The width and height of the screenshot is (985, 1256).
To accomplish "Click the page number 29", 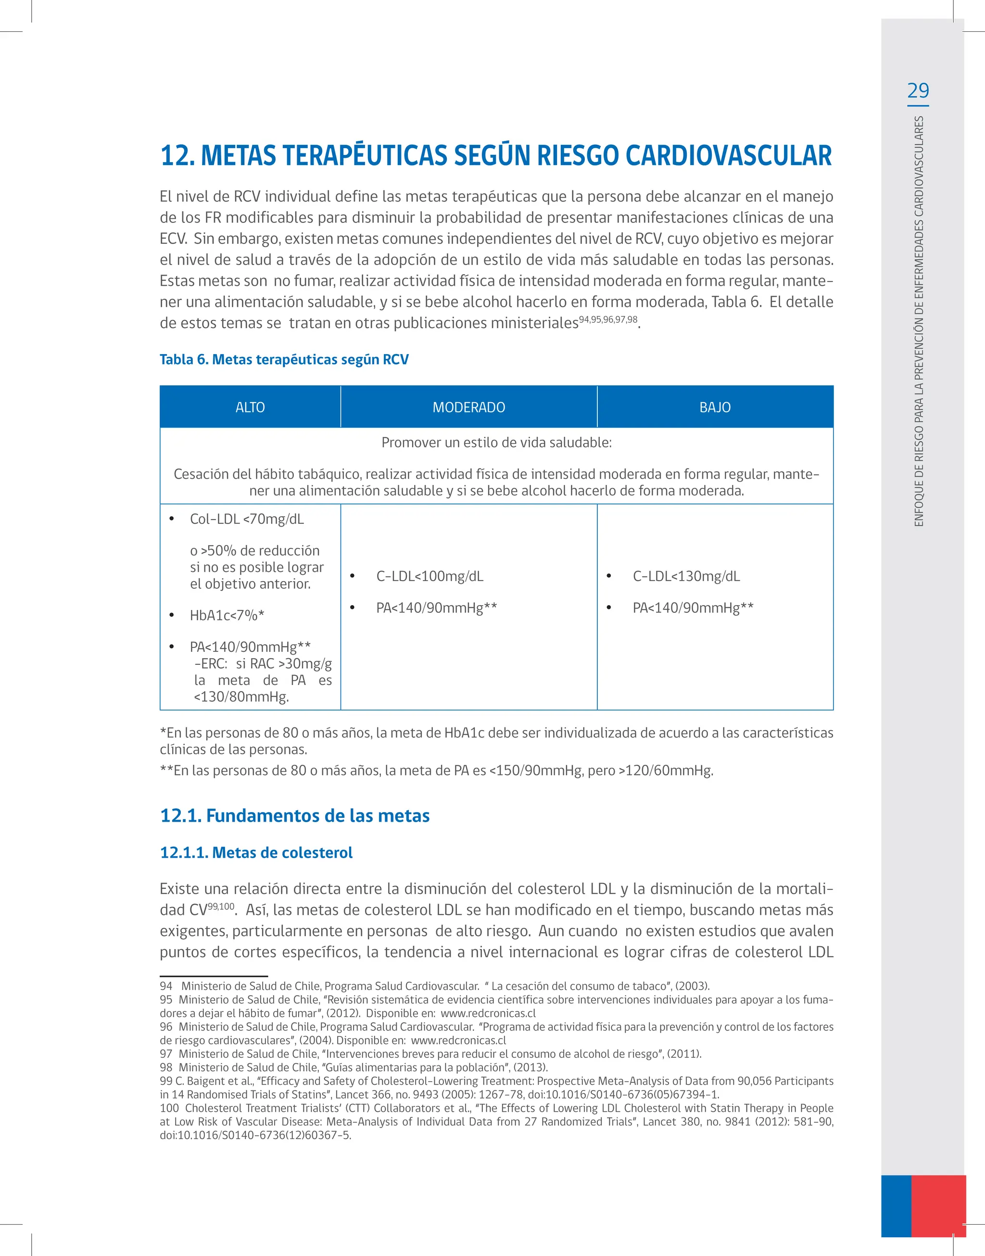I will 918,91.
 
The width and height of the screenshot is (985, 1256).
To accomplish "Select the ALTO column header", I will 250,407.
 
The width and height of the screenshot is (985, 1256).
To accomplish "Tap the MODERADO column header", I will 468,407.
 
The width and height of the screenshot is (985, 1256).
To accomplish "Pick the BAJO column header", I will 715,407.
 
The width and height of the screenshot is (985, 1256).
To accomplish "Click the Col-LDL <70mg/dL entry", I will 246,519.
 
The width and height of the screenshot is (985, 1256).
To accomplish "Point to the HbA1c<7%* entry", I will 227,615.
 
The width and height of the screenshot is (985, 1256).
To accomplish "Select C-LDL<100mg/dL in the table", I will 429,576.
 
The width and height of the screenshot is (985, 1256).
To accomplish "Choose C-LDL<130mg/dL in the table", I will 686,576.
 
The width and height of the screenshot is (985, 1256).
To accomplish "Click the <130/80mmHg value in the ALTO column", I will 241,697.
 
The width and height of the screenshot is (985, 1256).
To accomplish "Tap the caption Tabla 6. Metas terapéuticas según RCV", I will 284,359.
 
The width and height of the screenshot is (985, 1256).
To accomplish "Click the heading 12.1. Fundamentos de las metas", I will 295,815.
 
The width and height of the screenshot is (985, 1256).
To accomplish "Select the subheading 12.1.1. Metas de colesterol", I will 256,852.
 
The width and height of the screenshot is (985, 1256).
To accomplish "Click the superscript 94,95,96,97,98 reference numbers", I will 608,319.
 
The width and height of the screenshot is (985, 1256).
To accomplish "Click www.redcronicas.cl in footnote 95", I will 488,1013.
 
